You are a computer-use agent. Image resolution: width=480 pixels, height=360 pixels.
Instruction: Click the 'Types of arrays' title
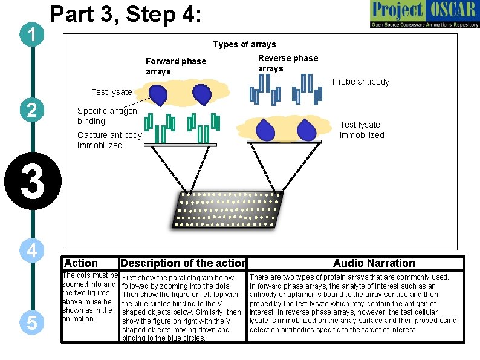244,44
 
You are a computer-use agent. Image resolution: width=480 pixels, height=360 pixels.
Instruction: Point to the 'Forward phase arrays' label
176,66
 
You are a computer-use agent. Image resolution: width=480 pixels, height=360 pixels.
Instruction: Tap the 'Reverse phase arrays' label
288,63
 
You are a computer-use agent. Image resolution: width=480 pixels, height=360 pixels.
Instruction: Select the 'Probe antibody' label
361,82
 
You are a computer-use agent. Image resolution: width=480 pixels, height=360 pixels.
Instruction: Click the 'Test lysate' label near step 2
111,92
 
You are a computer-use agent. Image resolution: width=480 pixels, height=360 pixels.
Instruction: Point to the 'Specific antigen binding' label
107,116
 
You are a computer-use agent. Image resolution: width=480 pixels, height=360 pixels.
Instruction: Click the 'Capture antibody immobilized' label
109,140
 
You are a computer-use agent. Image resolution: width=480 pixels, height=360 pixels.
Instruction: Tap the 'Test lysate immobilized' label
362,130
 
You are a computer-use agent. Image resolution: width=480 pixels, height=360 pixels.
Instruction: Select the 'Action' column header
80,263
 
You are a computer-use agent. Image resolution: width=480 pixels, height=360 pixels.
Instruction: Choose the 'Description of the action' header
183,263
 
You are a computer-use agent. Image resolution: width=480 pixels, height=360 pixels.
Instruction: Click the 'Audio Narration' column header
374,263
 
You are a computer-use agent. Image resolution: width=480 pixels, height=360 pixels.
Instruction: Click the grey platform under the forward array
181,145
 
